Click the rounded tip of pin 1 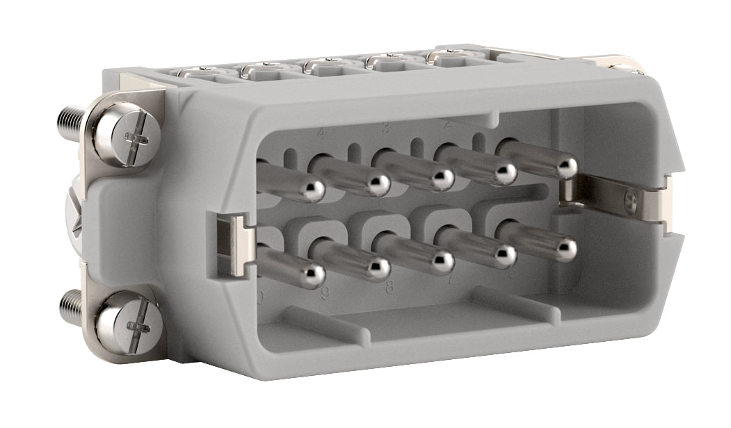[x=566, y=167]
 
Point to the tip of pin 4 [x=379, y=185]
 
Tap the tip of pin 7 [x=506, y=255]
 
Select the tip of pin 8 [x=443, y=261]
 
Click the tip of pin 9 [x=379, y=267]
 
